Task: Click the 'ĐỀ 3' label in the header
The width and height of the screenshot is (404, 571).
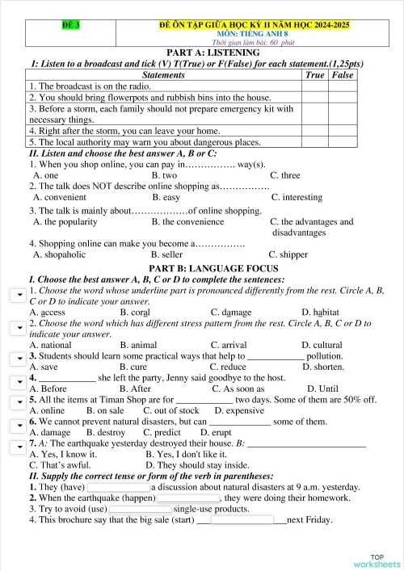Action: click(70, 27)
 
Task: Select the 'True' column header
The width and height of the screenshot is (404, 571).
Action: click(315, 75)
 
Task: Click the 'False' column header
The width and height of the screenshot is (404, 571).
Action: click(343, 75)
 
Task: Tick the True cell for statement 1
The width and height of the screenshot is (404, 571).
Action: click(315, 86)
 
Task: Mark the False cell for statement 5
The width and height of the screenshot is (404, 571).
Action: click(343, 142)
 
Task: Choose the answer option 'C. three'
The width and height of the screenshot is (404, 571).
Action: click(284, 175)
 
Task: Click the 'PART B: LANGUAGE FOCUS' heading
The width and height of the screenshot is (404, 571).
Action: click(201, 267)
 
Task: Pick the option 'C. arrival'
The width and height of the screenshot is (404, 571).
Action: click(229, 345)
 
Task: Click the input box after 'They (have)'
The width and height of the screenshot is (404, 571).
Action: click(118, 487)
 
